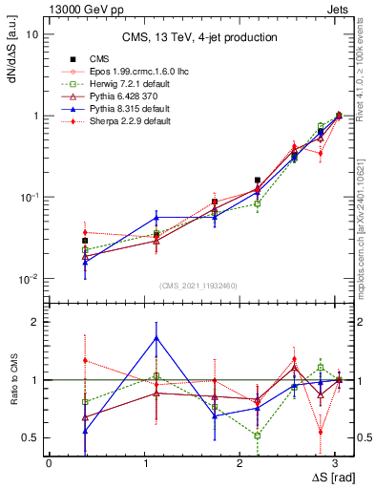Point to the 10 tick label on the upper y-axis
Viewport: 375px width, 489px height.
pyautogui.click(x=32, y=34)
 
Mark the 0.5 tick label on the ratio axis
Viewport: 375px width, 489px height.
pyautogui.click(x=30, y=437)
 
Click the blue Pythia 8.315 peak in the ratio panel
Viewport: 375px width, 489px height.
pyautogui.click(x=156, y=337)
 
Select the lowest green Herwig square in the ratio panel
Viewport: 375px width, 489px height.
pyautogui.click(x=258, y=436)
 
